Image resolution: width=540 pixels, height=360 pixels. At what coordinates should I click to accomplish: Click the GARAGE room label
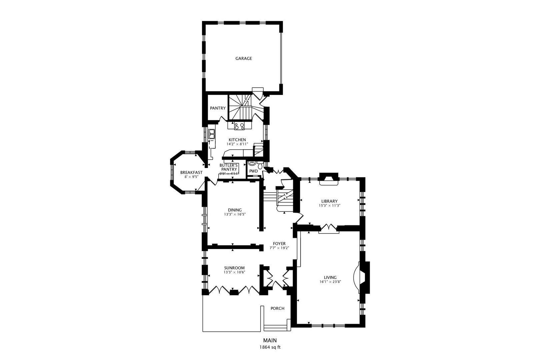coord(243,58)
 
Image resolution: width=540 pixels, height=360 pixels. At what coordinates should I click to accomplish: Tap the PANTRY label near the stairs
coord(218,108)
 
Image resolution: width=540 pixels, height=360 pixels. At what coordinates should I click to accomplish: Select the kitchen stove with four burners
coord(239,126)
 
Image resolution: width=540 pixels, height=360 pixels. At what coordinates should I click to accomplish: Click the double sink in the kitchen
coord(212,134)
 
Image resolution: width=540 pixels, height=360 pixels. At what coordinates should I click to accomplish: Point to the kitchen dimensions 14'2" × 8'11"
coord(237,144)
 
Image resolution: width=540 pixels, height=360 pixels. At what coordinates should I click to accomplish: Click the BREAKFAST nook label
coord(191,172)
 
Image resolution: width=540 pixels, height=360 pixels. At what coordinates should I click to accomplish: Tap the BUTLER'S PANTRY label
coord(229,167)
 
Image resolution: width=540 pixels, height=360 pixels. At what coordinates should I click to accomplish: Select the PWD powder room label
coord(253,171)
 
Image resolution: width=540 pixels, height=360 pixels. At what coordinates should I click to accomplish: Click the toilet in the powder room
coord(260,166)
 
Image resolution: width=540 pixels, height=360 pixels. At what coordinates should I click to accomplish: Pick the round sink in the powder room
coord(252,163)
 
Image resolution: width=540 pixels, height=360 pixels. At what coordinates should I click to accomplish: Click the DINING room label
coord(235,210)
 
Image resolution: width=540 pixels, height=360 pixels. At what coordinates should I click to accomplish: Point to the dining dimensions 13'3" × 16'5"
coord(235,214)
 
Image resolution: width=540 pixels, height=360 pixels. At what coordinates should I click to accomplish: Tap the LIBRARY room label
coord(329,201)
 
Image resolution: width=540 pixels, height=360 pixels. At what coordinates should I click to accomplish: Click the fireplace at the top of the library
coord(329,179)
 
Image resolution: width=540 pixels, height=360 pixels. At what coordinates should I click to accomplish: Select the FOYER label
coord(279,244)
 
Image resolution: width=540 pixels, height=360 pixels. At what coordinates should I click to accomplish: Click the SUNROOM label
coord(234,268)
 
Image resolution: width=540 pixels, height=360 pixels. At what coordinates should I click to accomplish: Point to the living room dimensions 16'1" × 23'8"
coord(330,282)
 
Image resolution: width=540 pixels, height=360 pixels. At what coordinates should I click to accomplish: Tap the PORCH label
coord(277,308)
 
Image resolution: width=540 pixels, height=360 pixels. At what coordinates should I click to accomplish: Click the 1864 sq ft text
coord(270,347)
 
